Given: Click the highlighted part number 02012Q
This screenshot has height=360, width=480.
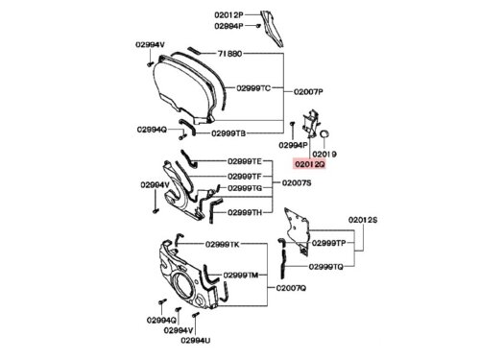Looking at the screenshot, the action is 310,164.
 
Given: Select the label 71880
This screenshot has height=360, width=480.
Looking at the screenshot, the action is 229,54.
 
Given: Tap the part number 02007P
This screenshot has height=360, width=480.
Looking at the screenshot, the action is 308,92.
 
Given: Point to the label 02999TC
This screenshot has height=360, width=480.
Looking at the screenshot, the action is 253,88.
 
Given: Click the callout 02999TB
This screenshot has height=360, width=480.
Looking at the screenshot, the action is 228,133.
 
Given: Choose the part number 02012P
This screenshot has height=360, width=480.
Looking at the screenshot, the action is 228,15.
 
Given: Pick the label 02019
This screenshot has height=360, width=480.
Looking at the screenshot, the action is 324,155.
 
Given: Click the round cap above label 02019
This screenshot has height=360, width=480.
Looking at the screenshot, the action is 324,134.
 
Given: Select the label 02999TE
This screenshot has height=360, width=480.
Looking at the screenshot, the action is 245,161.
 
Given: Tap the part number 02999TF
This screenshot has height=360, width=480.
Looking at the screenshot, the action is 245,177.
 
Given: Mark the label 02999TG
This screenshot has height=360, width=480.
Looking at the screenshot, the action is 245,188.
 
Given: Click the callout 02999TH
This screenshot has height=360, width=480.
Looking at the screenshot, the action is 245,212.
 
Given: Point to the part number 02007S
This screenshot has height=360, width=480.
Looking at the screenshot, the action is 297,183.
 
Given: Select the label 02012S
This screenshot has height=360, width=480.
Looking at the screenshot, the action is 363,220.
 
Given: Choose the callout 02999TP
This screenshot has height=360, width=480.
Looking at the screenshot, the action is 328,243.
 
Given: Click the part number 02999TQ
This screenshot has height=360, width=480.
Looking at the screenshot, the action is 325,267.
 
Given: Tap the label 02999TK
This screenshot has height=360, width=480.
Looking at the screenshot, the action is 222,245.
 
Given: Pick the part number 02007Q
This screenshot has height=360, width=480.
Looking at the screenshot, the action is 291,288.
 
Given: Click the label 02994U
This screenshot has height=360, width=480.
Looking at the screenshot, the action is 196,341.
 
